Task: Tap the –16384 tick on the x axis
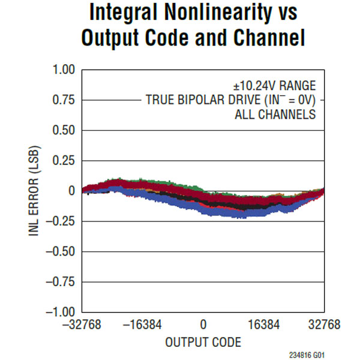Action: point(143,325)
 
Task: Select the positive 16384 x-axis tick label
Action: point(264,325)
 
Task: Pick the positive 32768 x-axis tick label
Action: point(324,325)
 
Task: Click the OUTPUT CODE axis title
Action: point(203,343)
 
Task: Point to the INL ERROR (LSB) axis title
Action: point(35,191)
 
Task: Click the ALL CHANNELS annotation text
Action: point(275,115)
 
